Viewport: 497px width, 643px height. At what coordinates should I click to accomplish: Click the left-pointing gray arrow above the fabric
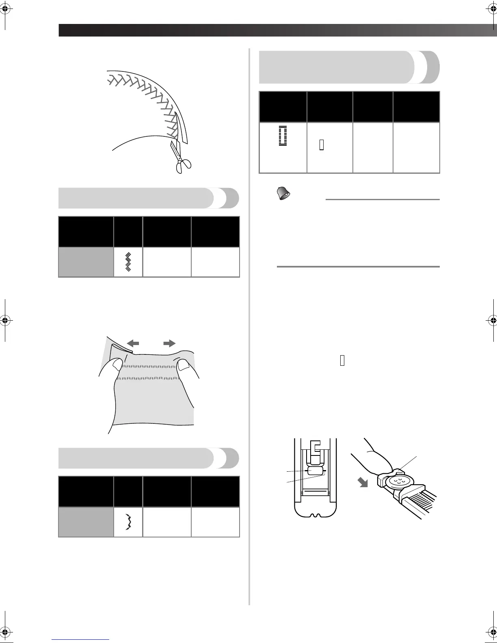133,343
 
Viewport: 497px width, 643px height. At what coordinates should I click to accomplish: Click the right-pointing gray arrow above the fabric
169,343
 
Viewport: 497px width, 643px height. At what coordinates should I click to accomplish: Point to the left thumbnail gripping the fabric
117,364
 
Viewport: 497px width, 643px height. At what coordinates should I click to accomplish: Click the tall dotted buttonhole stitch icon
283,135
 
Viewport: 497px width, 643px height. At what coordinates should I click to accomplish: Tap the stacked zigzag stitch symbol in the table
128,262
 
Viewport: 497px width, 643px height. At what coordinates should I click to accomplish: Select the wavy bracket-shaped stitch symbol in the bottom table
128,522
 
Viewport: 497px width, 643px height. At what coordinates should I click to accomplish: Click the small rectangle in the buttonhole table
322,145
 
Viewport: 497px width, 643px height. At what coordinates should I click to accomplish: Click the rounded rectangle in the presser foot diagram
315,471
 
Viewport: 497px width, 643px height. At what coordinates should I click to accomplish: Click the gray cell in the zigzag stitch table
86,262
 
